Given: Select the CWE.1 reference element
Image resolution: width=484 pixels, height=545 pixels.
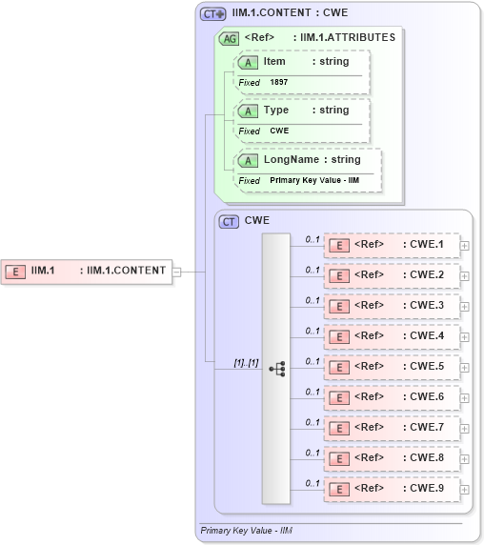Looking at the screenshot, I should coord(392,245).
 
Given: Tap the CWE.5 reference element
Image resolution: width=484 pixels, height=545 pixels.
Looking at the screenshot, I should coord(392,367).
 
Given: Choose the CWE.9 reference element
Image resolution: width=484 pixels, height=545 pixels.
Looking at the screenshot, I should coord(392,488).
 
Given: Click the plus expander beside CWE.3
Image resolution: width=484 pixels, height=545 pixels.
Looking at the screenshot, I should coord(465,306).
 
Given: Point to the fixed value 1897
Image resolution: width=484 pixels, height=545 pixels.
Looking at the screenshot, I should coord(279,83).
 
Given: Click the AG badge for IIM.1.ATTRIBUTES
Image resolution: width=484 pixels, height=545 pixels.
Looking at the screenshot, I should coord(229,38).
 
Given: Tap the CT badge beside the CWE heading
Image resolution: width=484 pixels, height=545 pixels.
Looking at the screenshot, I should coord(229,221).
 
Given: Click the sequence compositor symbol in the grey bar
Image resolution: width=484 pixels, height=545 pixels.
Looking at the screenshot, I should coord(276,368).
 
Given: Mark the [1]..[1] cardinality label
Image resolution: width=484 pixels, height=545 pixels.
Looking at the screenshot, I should coord(246,363).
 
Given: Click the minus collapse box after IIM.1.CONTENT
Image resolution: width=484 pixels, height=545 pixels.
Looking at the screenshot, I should coord(176,272).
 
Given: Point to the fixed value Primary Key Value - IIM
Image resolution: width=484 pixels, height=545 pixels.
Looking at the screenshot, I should coord(314,180).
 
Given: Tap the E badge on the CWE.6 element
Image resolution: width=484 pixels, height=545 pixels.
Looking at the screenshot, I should coord(337,397).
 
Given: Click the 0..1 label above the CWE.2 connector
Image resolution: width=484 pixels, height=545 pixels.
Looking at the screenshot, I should coord(313,270).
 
